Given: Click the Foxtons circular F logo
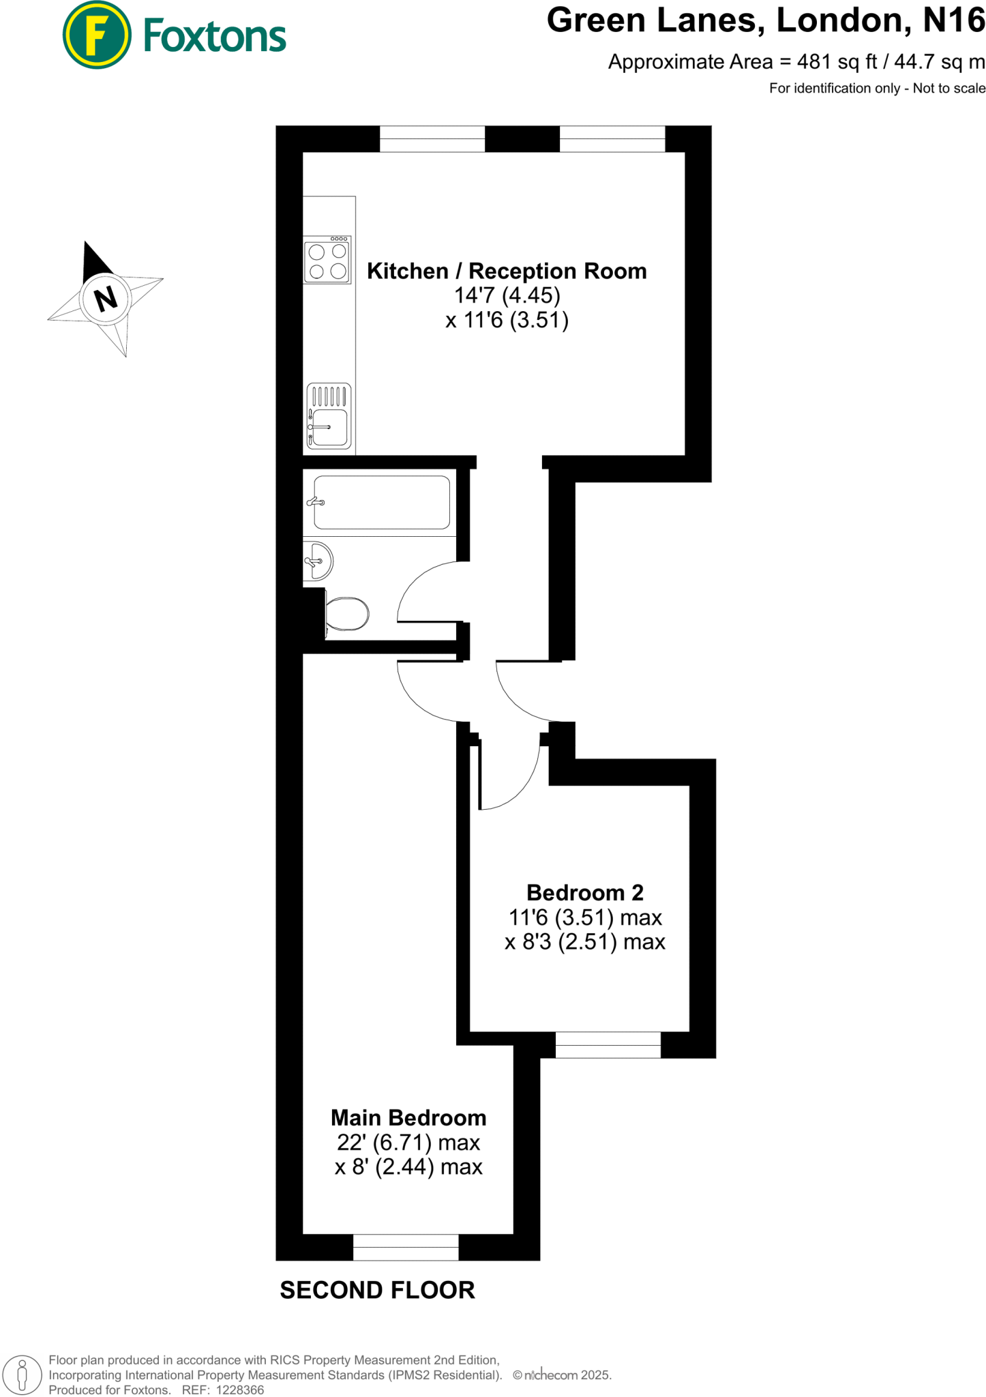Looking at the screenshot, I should [x=96, y=35].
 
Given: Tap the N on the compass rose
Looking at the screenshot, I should [x=105, y=298].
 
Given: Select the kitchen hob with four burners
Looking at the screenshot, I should [x=327, y=260].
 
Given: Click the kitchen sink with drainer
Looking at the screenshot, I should [x=329, y=416].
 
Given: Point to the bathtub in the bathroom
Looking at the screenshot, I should [x=381, y=502].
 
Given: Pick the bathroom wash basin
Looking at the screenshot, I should [x=317, y=561].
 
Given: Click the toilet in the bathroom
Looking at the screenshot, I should [x=346, y=614].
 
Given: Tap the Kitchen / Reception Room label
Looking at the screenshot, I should [x=507, y=271].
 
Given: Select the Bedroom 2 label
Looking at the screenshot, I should [x=584, y=892].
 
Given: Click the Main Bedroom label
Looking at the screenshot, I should [x=408, y=1117].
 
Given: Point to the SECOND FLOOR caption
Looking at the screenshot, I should [x=377, y=1290].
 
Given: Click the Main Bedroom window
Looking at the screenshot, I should [x=406, y=1247].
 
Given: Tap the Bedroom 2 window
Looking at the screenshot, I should [x=608, y=1044].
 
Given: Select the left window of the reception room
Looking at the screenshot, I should [x=432, y=139].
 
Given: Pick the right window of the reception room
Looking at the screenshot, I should [x=612, y=139].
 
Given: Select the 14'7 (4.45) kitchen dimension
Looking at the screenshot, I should [x=507, y=295].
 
